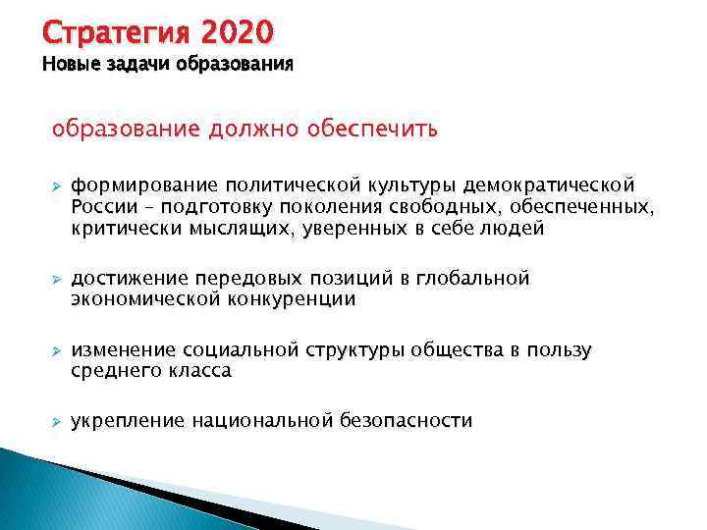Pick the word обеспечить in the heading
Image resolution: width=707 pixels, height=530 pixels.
(372, 129)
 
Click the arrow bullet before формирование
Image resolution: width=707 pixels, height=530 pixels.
(56, 185)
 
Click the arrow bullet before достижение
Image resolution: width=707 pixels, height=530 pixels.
(56, 280)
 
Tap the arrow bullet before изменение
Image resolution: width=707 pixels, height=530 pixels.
(56, 351)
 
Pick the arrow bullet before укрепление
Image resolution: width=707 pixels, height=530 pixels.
(56, 422)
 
